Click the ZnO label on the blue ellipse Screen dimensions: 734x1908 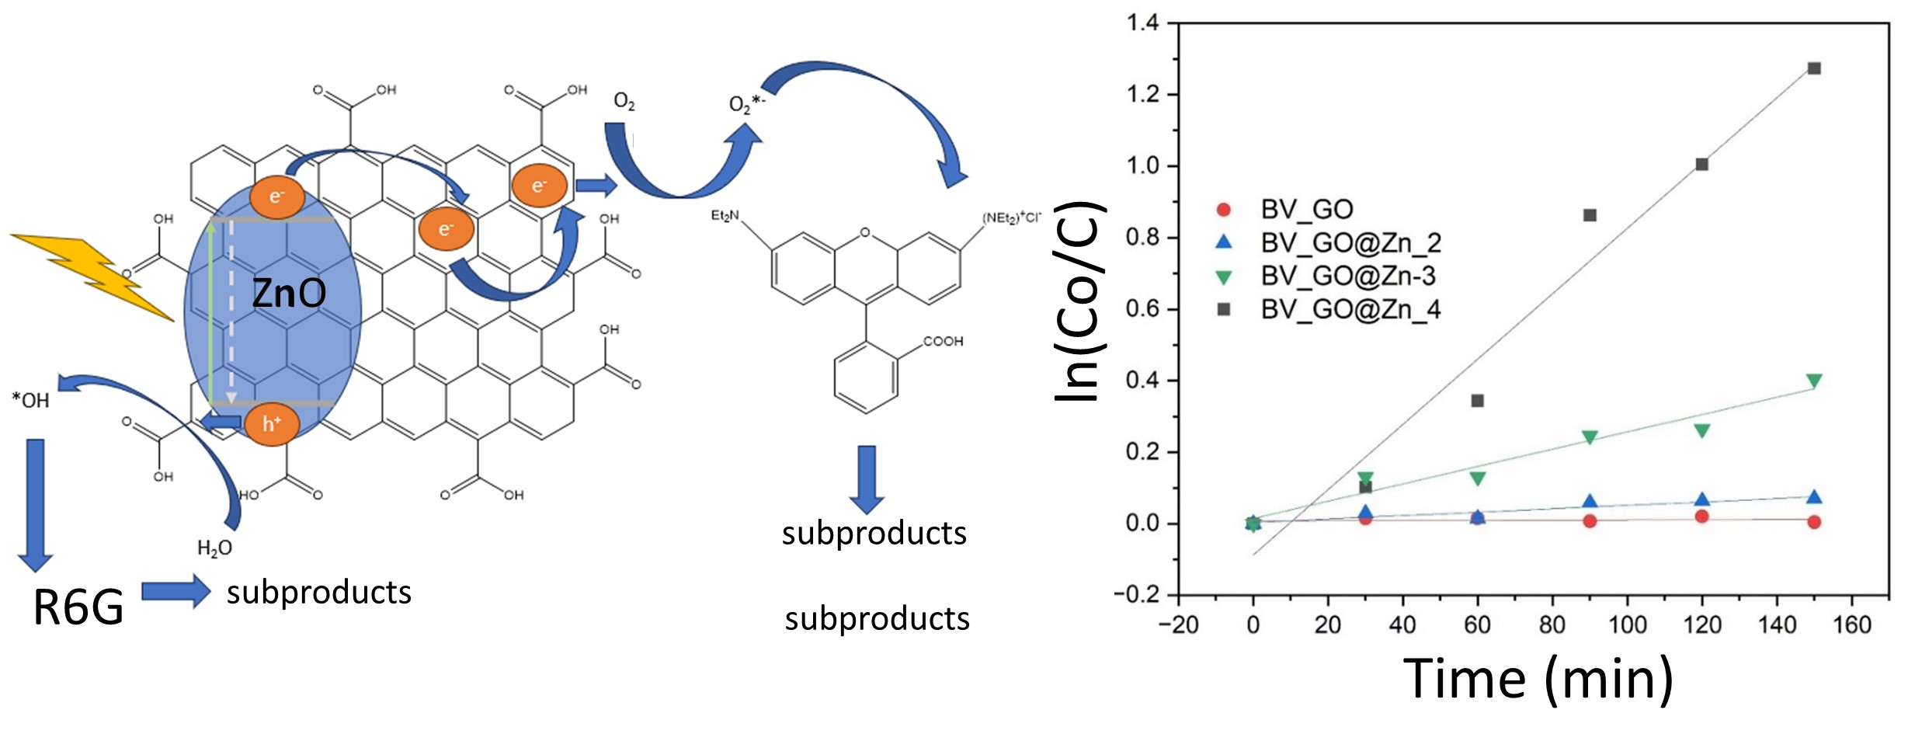coord(289,294)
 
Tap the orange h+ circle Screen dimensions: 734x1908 coord(271,424)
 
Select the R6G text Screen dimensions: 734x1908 coord(78,607)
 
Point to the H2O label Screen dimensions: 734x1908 coord(214,548)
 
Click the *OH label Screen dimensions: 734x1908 coord(31,401)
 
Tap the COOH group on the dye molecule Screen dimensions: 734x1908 coord(943,342)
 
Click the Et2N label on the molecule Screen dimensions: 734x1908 coord(725,215)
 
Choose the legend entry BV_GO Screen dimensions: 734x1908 coord(1306,209)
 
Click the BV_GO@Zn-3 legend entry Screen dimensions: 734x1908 coord(1347,277)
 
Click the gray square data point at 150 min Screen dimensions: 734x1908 coord(1814,68)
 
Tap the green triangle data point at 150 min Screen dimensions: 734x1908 coord(1814,381)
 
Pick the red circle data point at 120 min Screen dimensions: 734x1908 coord(1702,517)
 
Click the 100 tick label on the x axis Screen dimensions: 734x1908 coord(1627,624)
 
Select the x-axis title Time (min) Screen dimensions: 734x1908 coord(1538,679)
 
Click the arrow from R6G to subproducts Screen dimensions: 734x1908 coord(176,592)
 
